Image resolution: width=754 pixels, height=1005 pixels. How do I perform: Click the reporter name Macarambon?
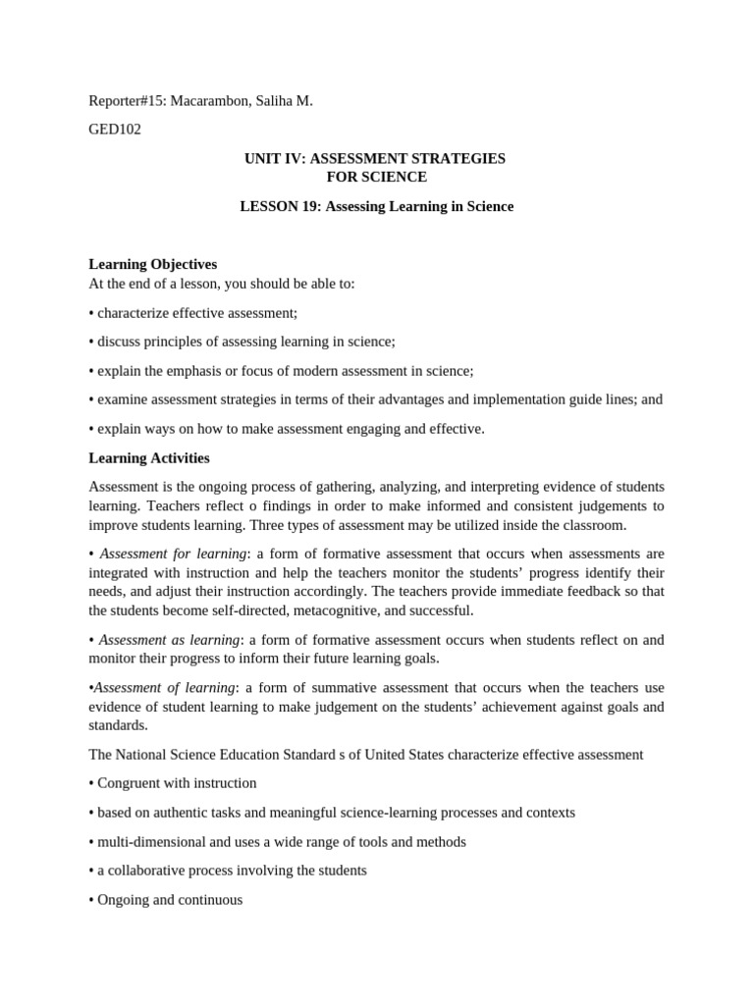click(210, 101)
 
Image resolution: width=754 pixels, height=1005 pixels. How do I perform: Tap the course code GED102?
click(115, 130)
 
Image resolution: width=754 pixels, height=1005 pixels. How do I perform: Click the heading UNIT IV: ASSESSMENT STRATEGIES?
click(376, 158)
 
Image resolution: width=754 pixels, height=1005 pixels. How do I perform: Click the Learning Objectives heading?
click(152, 264)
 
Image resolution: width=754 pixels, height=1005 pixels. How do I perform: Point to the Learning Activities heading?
click(148, 457)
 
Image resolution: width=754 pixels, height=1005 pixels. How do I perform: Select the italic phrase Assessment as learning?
click(170, 640)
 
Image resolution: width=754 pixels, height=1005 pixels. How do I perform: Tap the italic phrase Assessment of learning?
click(164, 687)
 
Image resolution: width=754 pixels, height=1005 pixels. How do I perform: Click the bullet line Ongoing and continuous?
click(169, 899)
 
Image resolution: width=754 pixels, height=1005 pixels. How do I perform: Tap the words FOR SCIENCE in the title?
click(376, 177)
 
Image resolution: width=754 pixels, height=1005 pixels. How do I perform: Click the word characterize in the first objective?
click(134, 313)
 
